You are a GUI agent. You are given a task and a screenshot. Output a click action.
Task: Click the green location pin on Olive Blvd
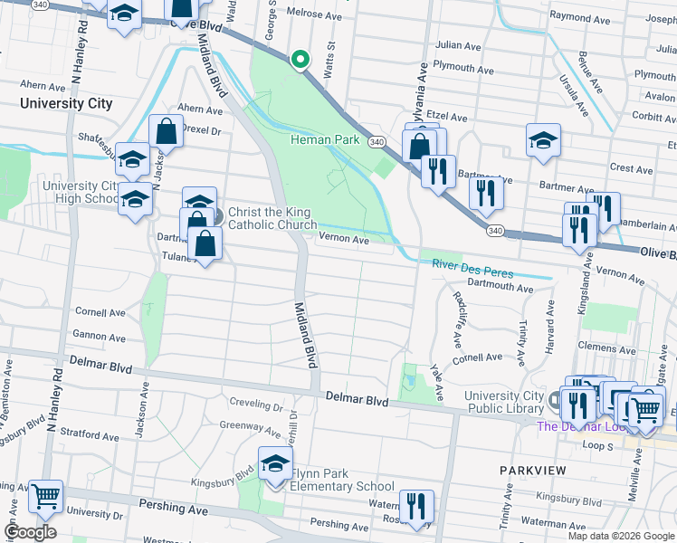tap(300, 61)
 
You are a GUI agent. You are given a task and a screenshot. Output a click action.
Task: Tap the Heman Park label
tap(325, 140)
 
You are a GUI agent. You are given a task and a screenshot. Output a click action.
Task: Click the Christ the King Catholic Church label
tap(272, 219)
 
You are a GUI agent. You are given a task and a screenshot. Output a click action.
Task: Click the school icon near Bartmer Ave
tap(543, 141)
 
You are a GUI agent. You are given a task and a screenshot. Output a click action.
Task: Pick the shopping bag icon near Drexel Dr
tap(167, 132)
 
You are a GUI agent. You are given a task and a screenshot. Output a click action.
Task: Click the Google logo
tap(30, 532)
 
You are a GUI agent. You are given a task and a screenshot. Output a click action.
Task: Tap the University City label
tap(67, 103)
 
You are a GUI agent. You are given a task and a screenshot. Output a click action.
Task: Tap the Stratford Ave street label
tap(92, 436)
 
